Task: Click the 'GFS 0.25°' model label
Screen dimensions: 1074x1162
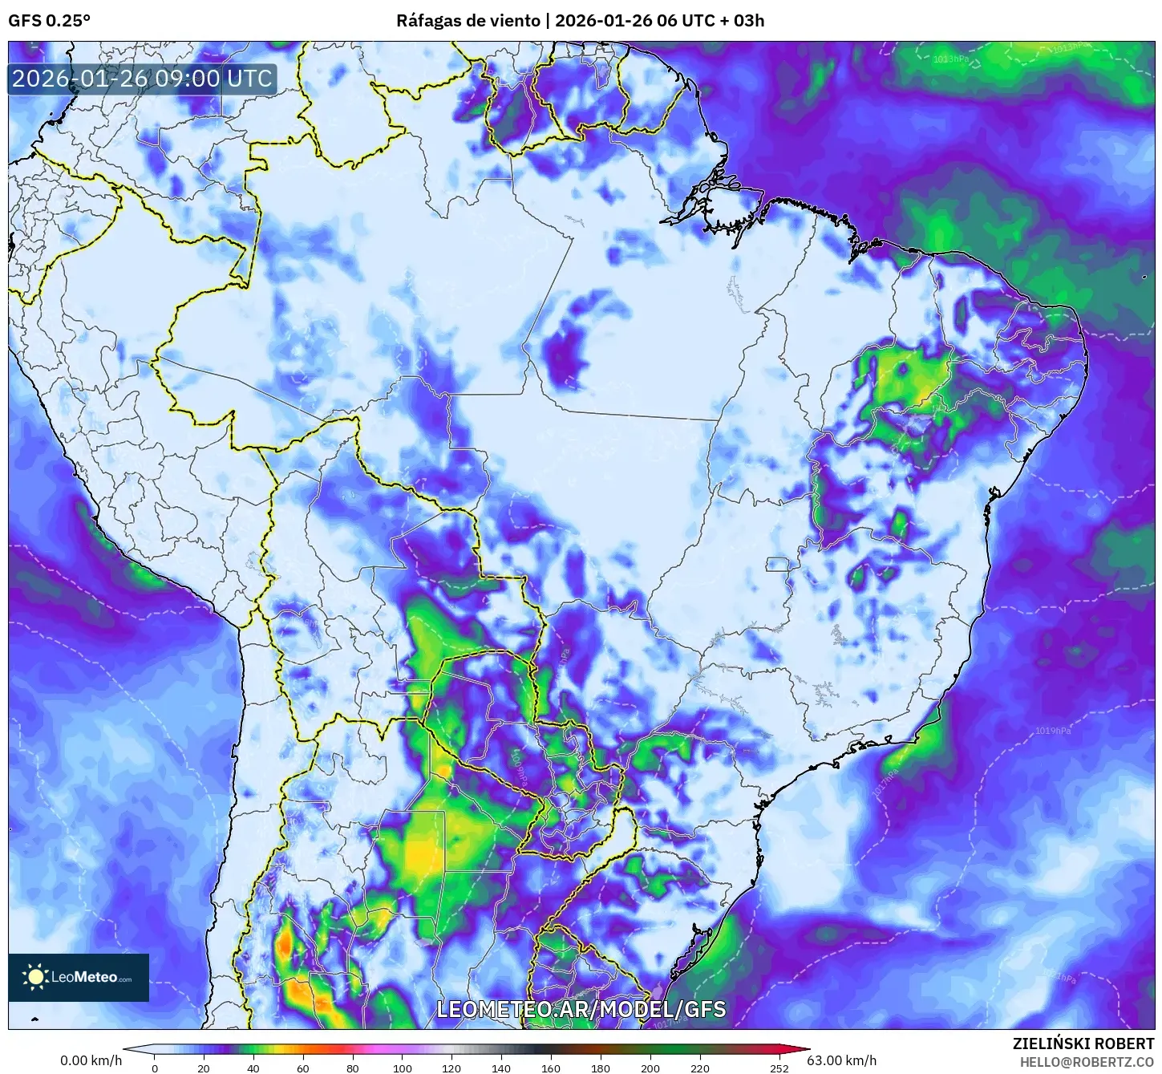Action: [x=49, y=20]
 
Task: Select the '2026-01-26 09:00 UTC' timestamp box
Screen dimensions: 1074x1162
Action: [x=142, y=79]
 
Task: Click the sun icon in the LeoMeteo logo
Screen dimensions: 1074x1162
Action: [x=35, y=976]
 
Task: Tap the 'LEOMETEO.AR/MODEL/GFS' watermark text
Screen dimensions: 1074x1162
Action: [x=581, y=1008]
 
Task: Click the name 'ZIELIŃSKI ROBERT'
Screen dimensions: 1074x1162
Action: [x=1083, y=1044]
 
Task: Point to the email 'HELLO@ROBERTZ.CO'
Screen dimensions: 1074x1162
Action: [x=1087, y=1061]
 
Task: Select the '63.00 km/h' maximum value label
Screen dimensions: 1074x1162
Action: [x=841, y=1060]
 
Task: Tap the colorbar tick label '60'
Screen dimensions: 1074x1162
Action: [x=303, y=1068]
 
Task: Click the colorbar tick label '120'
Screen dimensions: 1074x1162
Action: [x=451, y=1068]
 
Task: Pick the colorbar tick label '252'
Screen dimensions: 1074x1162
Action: [x=779, y=1068]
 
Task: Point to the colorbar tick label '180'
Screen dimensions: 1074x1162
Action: [x=601, y=1068]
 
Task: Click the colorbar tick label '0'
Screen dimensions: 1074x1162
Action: [x=155, y=1068]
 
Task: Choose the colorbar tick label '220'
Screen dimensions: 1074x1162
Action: [x=699, y=1068]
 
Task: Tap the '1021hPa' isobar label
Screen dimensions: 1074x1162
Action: [x=1060, y=978]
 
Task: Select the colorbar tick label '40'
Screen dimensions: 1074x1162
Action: [x=253, y=1068]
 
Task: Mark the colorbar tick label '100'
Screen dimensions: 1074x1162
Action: [x=403, y=1068]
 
